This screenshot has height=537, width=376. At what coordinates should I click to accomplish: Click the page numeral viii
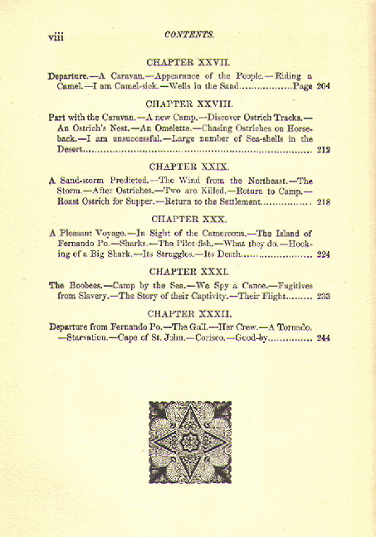[58, 36]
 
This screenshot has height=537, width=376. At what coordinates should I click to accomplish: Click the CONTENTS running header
[189, 35]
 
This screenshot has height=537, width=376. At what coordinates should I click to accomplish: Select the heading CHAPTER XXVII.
[188, 62]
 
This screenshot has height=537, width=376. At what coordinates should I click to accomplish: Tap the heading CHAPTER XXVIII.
[188, 105]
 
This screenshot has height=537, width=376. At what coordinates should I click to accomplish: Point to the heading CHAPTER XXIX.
[188, 166]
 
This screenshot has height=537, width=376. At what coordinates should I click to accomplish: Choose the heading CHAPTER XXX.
[188, 219]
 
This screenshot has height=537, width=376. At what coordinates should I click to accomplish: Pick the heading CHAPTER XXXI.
[188, 272]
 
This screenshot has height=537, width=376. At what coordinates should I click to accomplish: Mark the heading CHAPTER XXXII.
[188, 314]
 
